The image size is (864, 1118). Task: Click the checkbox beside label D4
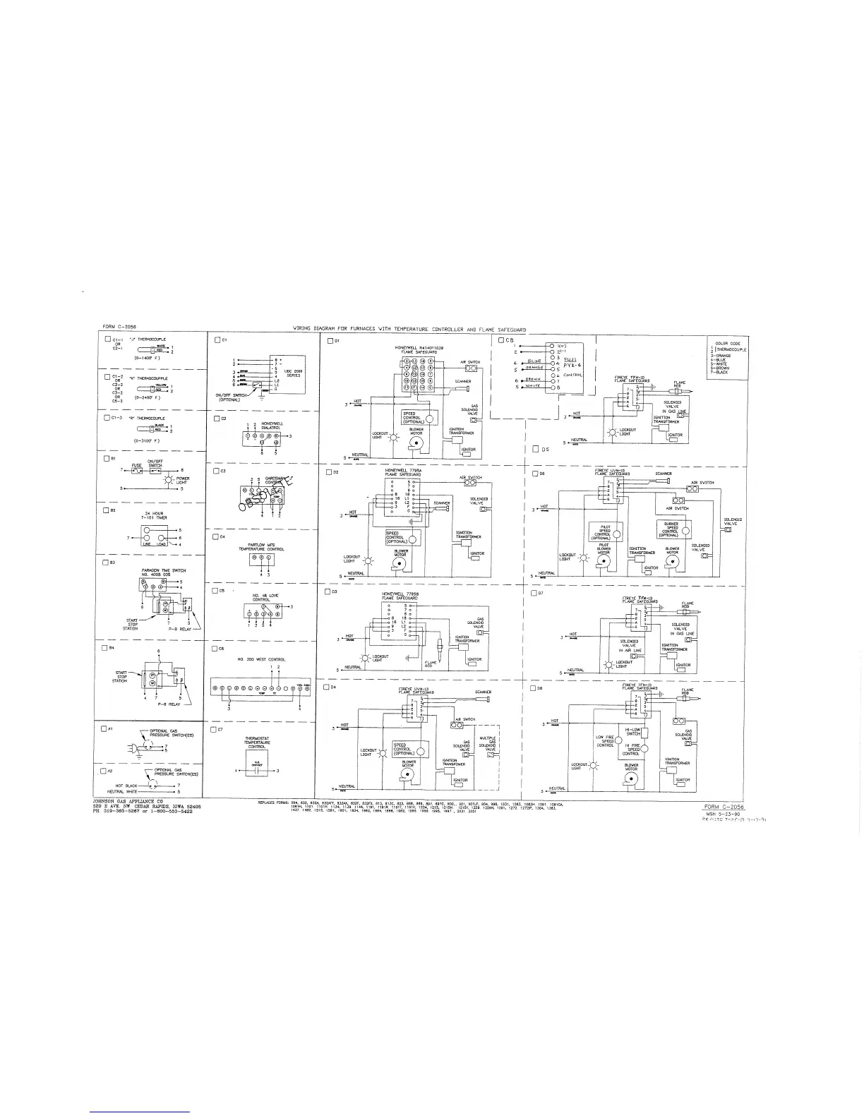click(x=326, y=687)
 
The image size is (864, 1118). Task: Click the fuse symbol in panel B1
click(x=136, y=470)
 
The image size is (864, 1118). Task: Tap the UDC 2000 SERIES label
click(x=293, y=373)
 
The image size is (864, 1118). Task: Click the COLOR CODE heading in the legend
click(x=727, y=344)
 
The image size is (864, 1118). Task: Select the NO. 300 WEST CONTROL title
click(x=261, y=659)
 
